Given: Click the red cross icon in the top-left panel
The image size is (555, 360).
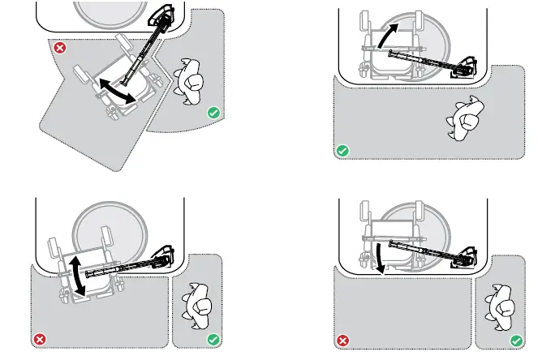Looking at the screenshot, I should click(59, 49).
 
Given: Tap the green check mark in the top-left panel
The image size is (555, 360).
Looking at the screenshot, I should click(213, 114).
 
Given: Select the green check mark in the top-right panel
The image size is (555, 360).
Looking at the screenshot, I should click(342, 151).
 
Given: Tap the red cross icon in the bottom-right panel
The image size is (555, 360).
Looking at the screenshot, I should click(342, 340).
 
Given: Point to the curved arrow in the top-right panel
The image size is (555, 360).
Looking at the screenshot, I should click(390, 37).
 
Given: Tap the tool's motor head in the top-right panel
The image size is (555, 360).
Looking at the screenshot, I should click(467, 68).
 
